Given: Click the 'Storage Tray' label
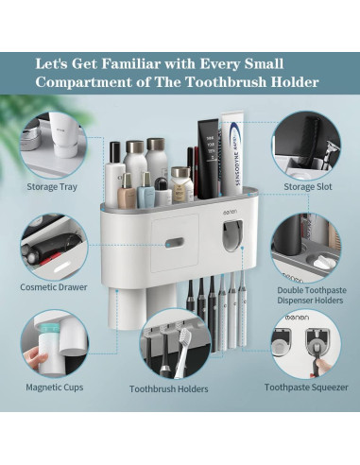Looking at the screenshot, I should [52, 187].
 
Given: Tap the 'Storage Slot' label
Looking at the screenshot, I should [307, 187].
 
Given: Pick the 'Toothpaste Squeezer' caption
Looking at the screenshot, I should [306, 387].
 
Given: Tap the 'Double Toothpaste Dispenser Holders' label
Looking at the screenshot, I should [308, 295].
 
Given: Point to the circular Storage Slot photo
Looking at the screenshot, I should [306, 142].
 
